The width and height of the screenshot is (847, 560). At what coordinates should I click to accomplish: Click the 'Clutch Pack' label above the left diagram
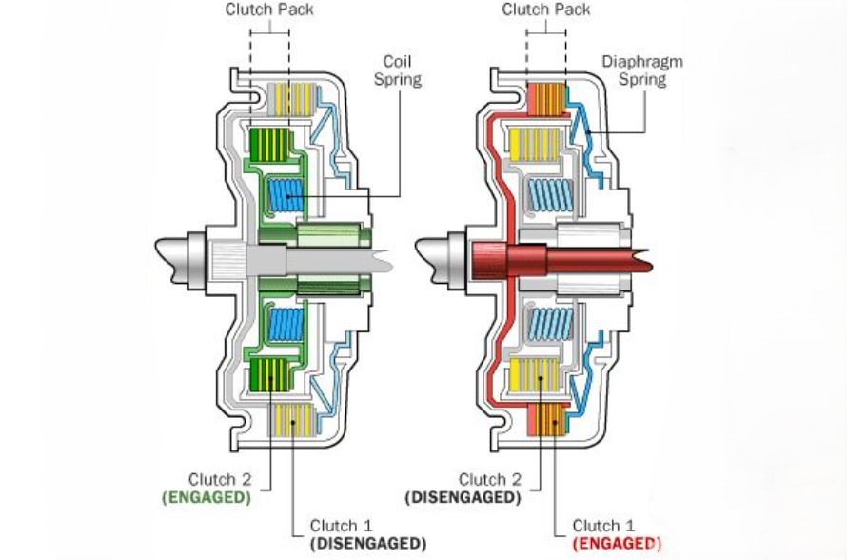point(268,10)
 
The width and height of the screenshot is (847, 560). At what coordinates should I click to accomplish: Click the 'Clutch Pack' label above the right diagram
point(545,10)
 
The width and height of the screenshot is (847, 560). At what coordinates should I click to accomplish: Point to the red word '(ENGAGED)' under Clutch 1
point(610,543)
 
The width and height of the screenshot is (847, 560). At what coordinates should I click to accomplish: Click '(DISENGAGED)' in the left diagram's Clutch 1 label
point(367,543)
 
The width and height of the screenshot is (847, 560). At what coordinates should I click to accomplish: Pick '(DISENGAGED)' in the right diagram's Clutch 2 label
point(463,496)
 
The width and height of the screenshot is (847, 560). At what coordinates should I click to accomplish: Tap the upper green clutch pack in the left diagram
point(268,144)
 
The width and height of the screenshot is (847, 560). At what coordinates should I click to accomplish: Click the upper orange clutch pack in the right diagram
point(545,96)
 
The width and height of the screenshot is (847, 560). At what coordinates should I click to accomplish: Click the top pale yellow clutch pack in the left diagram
point(284,96)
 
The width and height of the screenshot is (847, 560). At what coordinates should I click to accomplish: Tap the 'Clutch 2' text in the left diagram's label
point(220,479)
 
